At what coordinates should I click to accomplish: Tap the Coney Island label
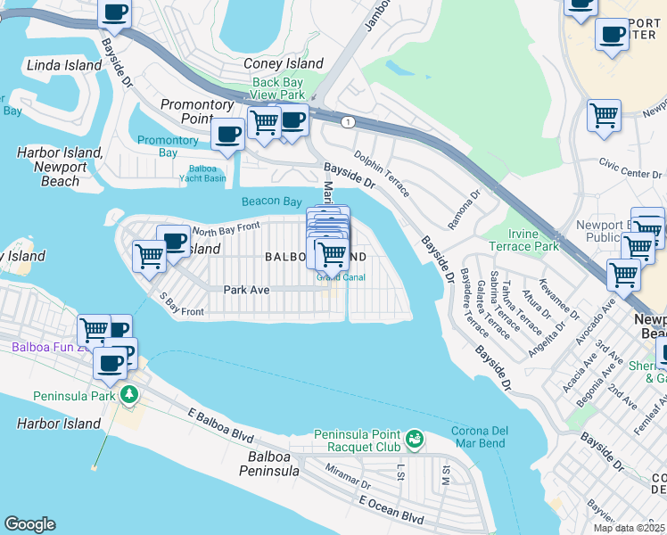(x=284, y=63)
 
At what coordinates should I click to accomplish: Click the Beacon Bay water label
(x=272, y=202)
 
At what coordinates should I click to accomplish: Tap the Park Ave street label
(x=246, y=289)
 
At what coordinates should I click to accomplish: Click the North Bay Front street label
(x=226, y=228)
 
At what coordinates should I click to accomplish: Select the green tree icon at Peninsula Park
(x=129, y=393)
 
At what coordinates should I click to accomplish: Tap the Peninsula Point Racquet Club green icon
(x=414, y=437)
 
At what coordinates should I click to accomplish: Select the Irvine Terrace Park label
(x=523, y=240)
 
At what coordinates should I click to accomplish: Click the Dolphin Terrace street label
(x=381, y=172)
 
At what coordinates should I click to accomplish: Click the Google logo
(x=29, y=524)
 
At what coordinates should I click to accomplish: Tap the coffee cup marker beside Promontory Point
(x=227, y=135)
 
